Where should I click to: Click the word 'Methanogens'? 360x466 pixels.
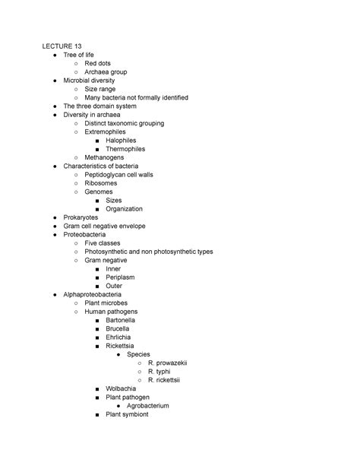pyautogui.click(x=104, y=157)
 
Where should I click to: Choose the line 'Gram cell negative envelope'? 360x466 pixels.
pyautogui.click(x=104, y=226)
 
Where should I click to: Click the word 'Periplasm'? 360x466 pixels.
pyautogui.click(x=122, y=277)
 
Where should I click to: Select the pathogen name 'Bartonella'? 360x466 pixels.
pyautogui.click(x=123, y=320)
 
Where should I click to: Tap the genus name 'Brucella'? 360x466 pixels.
pyautogui.click(x=119, y=328)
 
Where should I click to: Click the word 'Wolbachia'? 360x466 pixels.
pyautogui.click(x=122, y=388)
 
